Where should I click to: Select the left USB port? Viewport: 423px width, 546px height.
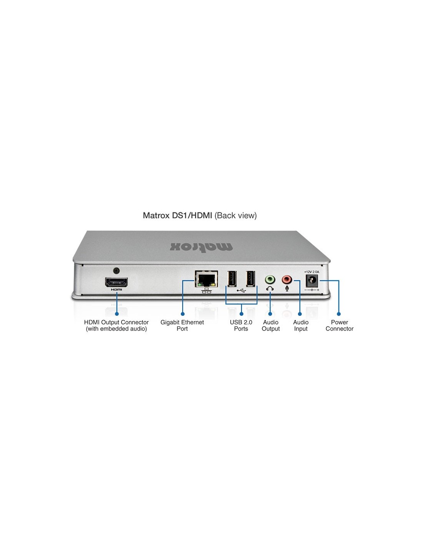232,278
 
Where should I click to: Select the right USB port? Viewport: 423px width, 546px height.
250,278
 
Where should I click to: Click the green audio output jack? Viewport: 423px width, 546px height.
270,280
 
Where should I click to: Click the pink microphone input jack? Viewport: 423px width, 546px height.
286,279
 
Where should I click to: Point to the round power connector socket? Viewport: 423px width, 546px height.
312,281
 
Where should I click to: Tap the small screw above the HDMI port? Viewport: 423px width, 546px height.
116,271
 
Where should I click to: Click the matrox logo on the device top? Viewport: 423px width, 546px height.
201,247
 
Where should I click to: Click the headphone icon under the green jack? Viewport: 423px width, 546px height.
270,289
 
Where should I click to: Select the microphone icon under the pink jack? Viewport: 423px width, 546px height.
286,289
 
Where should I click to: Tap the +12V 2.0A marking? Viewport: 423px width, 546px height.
311,272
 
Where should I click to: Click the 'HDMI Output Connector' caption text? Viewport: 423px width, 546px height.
116,322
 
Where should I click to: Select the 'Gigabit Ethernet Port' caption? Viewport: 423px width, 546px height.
182,325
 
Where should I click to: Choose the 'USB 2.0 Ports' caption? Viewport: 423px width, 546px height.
241,325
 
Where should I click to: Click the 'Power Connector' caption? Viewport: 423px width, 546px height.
340,325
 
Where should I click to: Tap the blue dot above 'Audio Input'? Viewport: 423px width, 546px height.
300,314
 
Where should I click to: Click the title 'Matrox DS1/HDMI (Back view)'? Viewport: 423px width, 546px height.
200,215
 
